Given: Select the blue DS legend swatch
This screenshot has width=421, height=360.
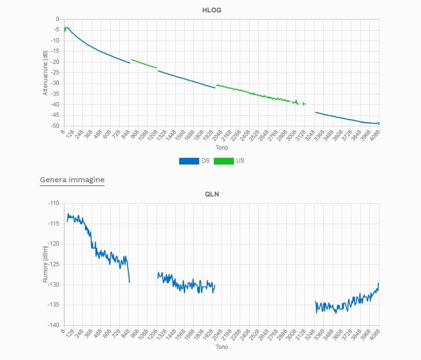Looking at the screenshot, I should click(x=189, y=161).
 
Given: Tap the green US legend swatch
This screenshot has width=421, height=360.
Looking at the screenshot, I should click(x=223, y=161).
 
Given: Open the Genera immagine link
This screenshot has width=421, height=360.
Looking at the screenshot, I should click(x=72, y=180).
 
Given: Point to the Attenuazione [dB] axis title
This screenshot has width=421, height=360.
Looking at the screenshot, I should click(x=46, y=73).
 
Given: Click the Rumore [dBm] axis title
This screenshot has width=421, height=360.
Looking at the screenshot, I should click(x=46, y=264).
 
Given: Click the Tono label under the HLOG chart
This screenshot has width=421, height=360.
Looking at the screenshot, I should click(x=222, y=148).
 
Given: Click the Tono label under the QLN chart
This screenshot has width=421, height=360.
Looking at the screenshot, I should click(x=222, y=347).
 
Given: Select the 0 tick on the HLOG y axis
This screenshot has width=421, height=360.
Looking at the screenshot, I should click(x=57, y=19).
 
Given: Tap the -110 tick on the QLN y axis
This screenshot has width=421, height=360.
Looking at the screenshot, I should click(x=53, y=203).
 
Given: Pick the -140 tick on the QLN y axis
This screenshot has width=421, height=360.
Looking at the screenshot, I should click(x=53, y=325).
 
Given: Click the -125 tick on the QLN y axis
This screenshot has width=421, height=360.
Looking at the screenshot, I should click(x=53, y=264).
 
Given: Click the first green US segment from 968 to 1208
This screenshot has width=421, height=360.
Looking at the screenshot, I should click(x=144, y=64).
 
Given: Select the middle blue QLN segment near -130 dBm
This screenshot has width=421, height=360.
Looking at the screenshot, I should click(x=186, y=284).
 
